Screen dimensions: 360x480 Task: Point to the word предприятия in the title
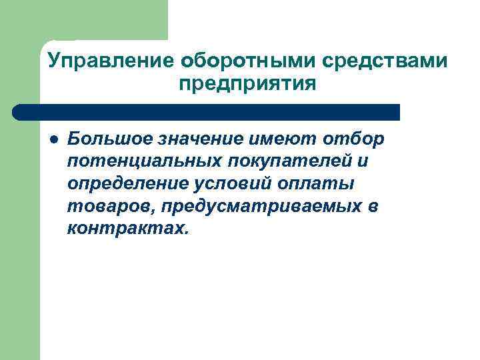click(x=247, y=85)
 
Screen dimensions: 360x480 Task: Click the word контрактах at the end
click(x=127, y=229)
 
